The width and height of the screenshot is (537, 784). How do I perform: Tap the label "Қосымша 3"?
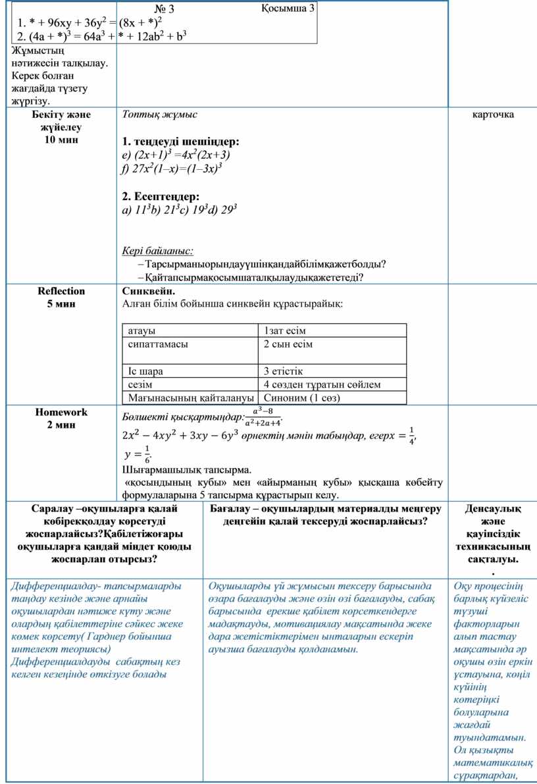click(x=288, y=8)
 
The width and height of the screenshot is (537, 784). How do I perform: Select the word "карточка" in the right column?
click(x=493, y=115)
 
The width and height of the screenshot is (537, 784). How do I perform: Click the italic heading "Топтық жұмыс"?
click(x=159, y=115)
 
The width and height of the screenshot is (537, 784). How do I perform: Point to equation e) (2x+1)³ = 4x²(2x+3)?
click(x=176, y=155)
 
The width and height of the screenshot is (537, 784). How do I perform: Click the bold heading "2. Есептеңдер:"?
click(x=161, y=196)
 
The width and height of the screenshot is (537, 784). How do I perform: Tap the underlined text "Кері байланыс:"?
click(x=158, y=251)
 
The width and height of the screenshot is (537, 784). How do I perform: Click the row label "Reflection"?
click(x=61, y=291)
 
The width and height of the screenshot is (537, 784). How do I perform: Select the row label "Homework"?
click(x=61, y=412)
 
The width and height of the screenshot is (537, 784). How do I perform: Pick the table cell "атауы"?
click(x=142, y=330)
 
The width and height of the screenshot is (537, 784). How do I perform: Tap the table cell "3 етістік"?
click(x=283, y=371)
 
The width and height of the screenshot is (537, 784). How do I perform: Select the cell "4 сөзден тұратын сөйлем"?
click(x=322, y=384)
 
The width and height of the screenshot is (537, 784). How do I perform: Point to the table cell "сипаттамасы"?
click(x=157, y=344)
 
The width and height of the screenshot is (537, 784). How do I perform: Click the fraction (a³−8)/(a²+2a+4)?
click(x=263, y=417)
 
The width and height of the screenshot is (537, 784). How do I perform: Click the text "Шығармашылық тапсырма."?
click(x=187, y=470)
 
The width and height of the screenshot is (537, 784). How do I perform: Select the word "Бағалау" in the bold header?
click(x=230, y=509)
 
